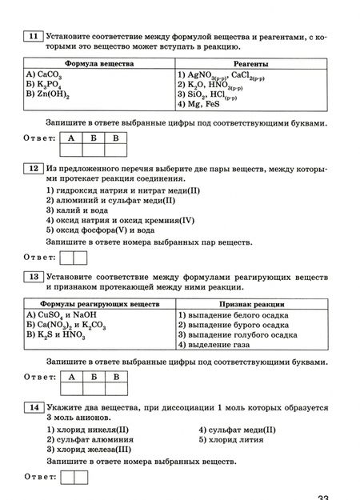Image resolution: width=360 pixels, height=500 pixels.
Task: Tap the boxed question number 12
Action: point(32,170)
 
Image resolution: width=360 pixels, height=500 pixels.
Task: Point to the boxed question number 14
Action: point(32,409)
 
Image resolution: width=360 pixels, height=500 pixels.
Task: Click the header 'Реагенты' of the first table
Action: point(250,62)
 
